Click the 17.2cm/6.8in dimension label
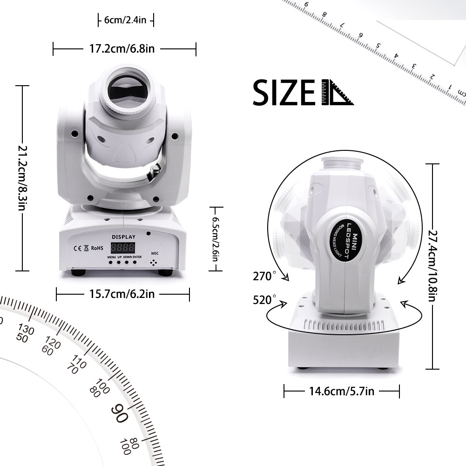125,48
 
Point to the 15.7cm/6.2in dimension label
122,294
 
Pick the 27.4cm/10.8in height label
433,265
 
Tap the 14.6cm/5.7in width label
341,391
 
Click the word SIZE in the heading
283,93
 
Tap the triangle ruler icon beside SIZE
337,93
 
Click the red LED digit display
122,247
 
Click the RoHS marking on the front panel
96,248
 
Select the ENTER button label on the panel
137,257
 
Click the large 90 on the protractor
120,412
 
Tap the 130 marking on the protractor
27,330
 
